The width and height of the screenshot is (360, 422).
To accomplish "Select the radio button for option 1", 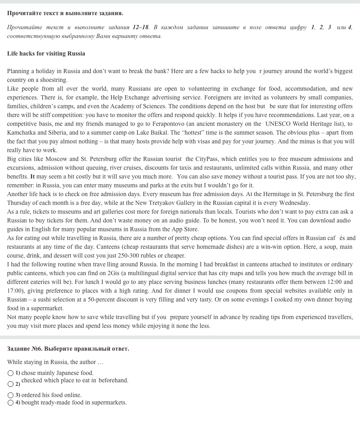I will [11, 373].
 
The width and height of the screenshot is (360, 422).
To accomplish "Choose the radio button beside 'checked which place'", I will [11, 384].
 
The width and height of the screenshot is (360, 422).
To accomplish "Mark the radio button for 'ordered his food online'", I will [11, 395].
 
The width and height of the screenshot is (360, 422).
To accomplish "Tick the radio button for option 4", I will [11, 403].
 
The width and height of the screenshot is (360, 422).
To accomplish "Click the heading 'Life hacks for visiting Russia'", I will [46, 54].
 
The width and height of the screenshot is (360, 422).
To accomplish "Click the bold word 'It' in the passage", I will [32, 177].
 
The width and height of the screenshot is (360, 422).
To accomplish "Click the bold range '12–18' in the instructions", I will [140, 27].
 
